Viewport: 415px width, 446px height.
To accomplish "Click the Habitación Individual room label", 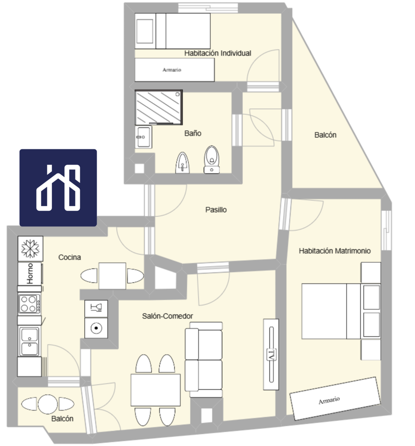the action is point(218,53).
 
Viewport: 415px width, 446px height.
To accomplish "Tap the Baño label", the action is point(193,133).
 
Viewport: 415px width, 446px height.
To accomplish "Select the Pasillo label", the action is point(216,210).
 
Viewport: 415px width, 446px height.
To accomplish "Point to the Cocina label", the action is point(70,257).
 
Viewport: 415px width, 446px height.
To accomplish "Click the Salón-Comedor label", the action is point(167,316).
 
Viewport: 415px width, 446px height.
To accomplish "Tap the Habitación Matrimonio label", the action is point(334,251).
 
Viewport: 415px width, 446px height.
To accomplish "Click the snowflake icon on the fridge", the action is point(30,249).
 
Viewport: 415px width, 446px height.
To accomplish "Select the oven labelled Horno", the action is point(30,273).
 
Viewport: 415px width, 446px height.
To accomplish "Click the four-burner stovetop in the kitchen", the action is point(29,304).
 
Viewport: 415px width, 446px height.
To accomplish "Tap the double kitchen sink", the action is point(29,342).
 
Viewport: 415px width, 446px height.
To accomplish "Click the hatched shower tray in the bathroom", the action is point(159,107).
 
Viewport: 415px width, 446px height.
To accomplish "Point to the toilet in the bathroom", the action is point(212,160).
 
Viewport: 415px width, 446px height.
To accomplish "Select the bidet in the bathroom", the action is point(183,163).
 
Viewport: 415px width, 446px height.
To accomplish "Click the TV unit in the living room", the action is point(271,354).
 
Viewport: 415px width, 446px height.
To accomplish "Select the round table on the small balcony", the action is point(48,404).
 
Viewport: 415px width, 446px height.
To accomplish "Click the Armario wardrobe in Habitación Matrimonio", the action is point(335,398).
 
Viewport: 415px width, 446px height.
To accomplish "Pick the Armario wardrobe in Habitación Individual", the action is point(175,70).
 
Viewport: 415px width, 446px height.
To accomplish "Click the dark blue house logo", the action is point(58,188).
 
